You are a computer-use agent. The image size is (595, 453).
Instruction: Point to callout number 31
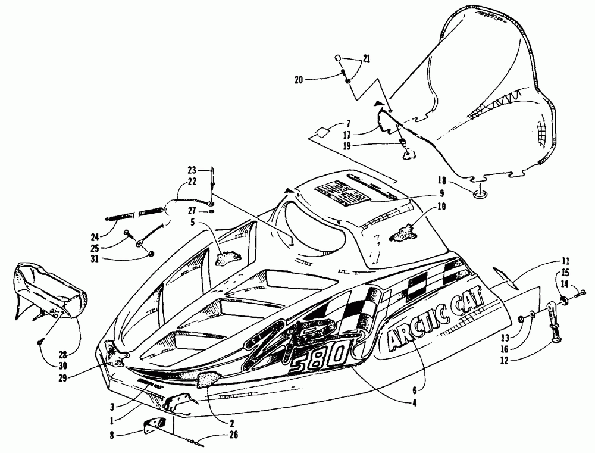click(x=126, y=258)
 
